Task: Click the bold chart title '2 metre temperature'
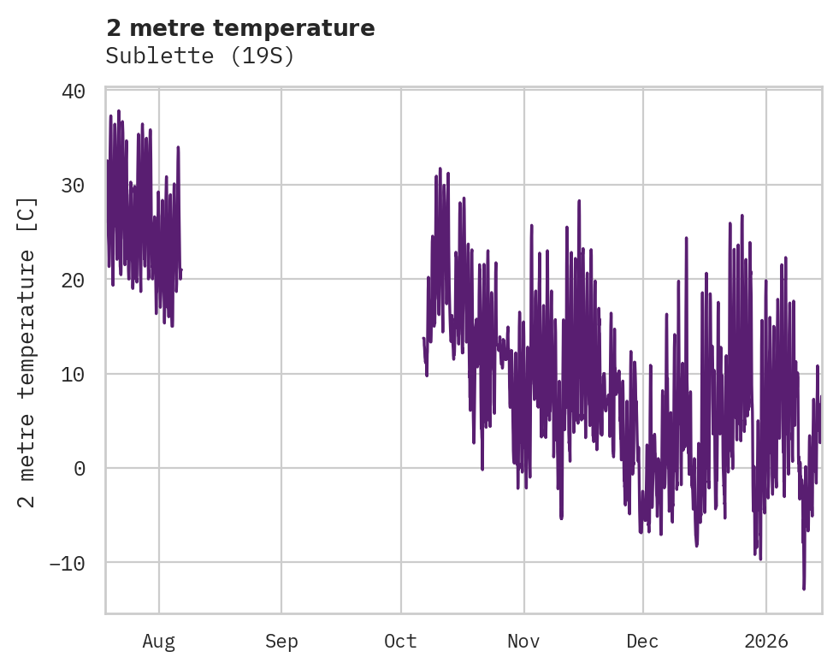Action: (x=240, y=28)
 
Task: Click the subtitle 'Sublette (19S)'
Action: (x=199, y=56)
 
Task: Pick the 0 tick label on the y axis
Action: (x=79, y=468)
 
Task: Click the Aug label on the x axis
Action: (x=159, y=641)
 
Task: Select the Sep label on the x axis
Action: (x=281, y=641)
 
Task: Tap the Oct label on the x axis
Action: (x=401, y=641)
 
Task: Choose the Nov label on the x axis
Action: (x=523, y=641)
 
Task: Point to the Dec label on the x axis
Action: (x=643, y=641)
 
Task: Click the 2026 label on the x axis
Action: (x=765, y=641)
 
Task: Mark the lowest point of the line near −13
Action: (x=804, y=589)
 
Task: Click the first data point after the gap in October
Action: (x=423, y=338)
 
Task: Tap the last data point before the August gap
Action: (x=181, y=270)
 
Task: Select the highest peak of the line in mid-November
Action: (x=579, y=201)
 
